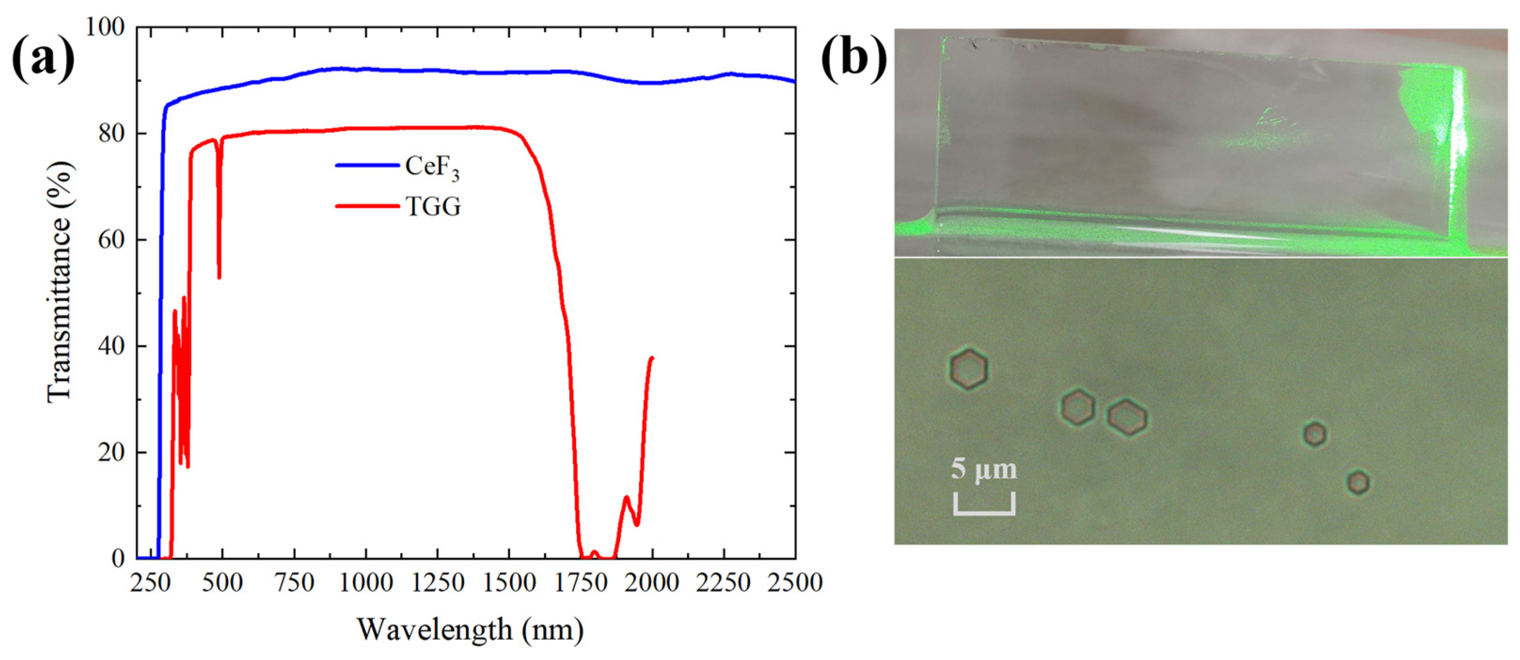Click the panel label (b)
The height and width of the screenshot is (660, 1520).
pyautogui.click(x=853, y=60)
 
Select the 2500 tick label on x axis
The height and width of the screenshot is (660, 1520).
pyautogui.click(x=795, y=583)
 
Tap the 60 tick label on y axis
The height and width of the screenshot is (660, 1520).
pyautogui.click(x=111, y=240)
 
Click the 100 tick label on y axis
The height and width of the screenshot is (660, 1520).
pyautogui.click(x=105, y=27)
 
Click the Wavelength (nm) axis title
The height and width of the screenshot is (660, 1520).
pyautogui.click(x=470, y=630)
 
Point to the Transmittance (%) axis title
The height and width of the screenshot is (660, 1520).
pyautogui.click(x=60, y=282)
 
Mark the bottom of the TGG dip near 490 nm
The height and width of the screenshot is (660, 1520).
pyautogui.click(x=220, y=277)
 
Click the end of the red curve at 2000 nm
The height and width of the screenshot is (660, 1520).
pyautogui.click(x=652, y=357)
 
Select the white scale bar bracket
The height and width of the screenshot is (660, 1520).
pyautogui.click(x=984, y=507)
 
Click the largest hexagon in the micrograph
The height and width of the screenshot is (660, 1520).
pyautogui.click(x=968, y=369)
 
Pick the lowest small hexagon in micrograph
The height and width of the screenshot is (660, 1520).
pyautogui.click(x=1358, y=482)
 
